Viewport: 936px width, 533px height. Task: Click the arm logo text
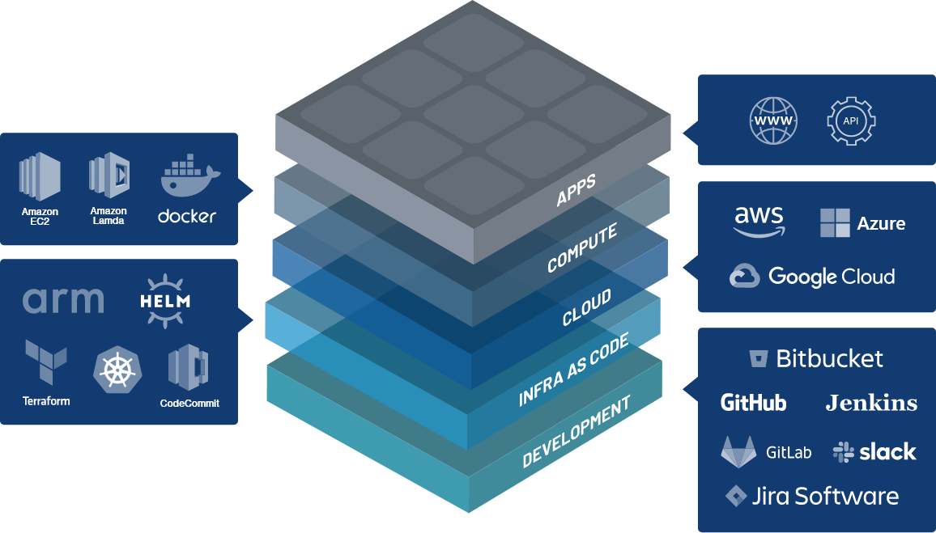tap(63, 300)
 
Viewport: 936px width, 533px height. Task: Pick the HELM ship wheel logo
tap(165, 301)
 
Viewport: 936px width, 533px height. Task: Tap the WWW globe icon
tap(773, 121)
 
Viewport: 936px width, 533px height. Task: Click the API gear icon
tap(851, 121)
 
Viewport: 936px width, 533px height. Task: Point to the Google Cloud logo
tap(812, 277)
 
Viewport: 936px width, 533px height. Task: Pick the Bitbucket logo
tap(815, 358)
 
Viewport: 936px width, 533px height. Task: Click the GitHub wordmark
tap(753, 402)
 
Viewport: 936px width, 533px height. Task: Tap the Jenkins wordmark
tap(871, 403)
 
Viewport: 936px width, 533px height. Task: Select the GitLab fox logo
tap(738, 451)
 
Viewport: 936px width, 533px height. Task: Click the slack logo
tap(874, 451)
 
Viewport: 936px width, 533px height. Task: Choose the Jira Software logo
tap(812, 496)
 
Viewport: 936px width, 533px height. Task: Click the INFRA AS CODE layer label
tap(573, 368)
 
